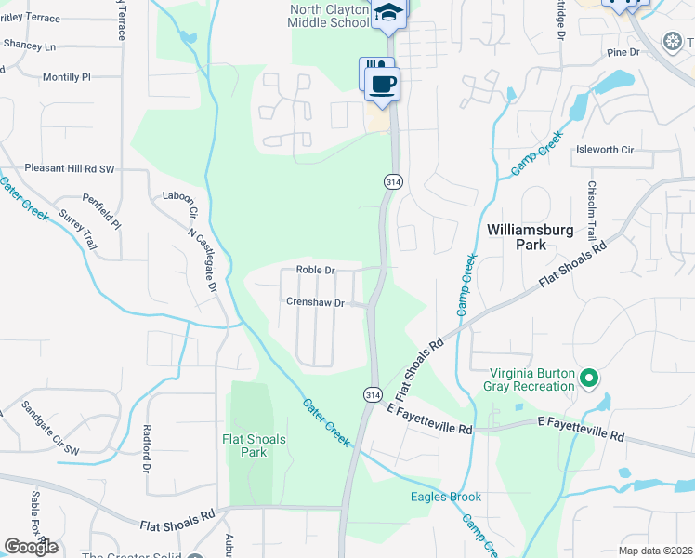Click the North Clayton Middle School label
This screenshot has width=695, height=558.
[x=329, y=16]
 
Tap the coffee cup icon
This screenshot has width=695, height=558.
[x=382, y=85]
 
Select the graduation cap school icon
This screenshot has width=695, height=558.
[x=389, y=12]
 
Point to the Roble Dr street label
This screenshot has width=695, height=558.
[x=315, y=270]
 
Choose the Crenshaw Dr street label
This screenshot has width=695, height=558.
[x=315, y=302]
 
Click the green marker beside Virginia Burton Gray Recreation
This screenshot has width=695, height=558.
[x=588, y=378]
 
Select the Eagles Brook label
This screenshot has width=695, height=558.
[x=446, y=497]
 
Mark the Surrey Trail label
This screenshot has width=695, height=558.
[x=78, y=229]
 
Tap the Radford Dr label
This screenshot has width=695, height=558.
[x=147, y=449]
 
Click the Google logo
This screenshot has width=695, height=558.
[x=31, y=547]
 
